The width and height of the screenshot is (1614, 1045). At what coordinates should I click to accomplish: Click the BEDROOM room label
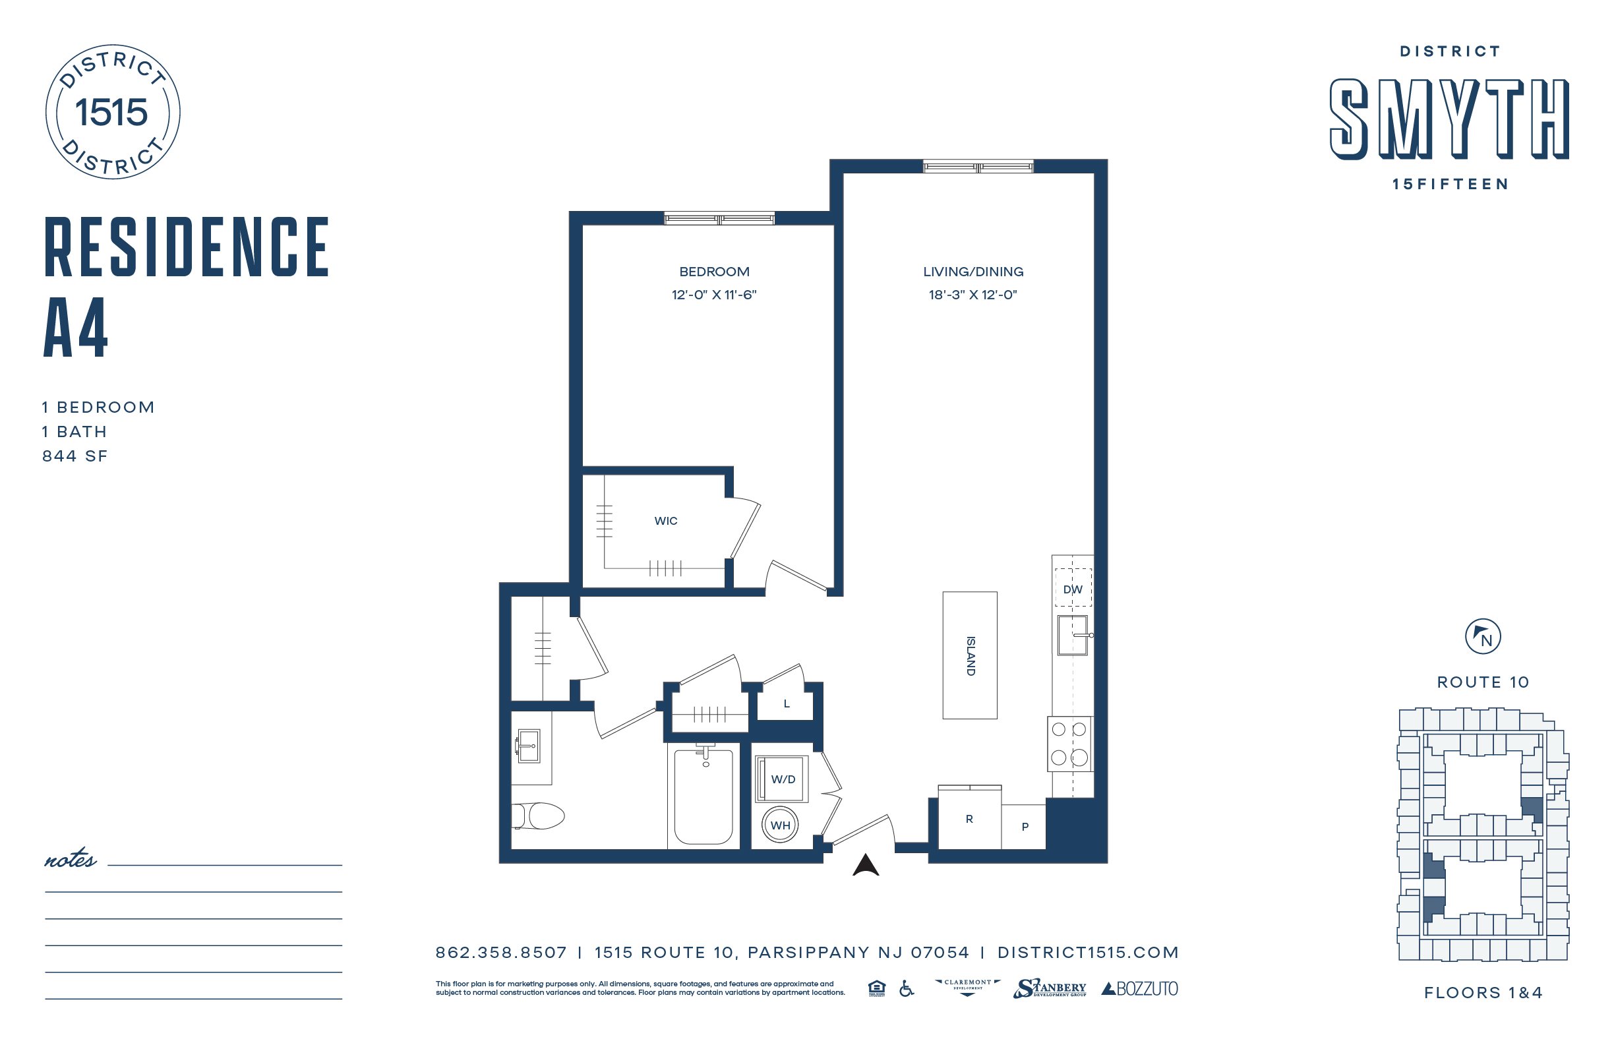tap(714, 271)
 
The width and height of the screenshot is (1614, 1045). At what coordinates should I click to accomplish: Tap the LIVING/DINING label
tap(973, 271)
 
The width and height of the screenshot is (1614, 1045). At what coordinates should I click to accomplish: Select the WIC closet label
tap(665, 521)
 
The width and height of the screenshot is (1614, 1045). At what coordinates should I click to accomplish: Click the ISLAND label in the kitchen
tap(971, 656)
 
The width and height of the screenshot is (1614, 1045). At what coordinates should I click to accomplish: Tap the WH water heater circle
tap(780, 825)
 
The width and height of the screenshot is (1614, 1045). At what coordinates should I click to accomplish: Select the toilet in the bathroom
tap(538, 816)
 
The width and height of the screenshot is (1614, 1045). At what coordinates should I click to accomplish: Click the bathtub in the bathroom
tap(703, 794)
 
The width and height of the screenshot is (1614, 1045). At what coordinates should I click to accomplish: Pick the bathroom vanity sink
tap(528, 746)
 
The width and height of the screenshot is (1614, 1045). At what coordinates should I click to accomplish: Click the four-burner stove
tap(1069, 744)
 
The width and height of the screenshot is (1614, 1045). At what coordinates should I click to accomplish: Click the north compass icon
tap(1482, 637)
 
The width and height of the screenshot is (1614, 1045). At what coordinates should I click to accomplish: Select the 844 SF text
tap(75, 456)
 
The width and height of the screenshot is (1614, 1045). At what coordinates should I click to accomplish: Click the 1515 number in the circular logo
tap(111, 112)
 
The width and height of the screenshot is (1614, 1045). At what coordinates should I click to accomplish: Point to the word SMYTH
tap(1450, 119)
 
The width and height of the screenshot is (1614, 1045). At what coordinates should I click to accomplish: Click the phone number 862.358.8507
tap(500, 953)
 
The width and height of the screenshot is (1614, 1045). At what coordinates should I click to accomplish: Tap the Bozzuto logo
tap(1139, 989)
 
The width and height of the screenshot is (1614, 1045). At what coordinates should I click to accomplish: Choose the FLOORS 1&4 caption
tap(1483, 993)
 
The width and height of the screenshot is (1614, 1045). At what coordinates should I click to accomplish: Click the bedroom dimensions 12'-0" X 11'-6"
tap(714, 295)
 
